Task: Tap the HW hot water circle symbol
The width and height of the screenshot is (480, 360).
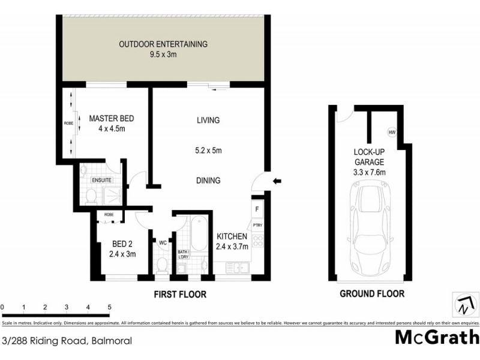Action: click(392, 133)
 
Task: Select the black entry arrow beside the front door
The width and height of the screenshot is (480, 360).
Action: click(277, 181)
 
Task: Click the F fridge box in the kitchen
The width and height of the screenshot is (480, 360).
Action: click(257, 210)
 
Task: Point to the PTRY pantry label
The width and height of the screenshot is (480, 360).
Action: click(257, 226)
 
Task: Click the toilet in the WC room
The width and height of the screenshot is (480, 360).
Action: click(161, 265)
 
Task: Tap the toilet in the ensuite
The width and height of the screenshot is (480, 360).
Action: click(90, 196)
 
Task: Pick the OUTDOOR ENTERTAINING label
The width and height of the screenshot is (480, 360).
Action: click(163, 44)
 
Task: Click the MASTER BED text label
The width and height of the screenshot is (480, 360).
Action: click(112, 118)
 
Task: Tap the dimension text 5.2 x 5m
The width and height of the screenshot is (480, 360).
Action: click(208, 151)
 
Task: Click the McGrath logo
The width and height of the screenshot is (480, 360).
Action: click(436, 337)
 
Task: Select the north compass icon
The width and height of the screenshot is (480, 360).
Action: click(463, 305)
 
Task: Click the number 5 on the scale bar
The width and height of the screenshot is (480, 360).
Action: click(110, 307)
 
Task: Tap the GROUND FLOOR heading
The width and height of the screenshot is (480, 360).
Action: click(371, 294)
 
